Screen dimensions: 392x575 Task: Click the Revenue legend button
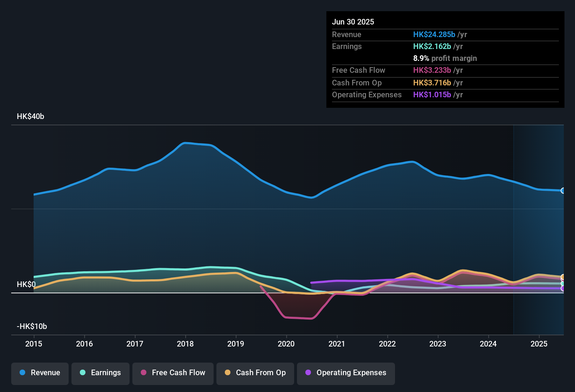click(x=40, y=373)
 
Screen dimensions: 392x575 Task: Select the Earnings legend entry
click(x=101, y=373)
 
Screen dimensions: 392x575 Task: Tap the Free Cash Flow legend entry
click(x=173, y=373)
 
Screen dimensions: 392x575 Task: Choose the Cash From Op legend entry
click(x=255, y=373)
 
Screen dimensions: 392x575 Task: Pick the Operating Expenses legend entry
click(x=346, y=373)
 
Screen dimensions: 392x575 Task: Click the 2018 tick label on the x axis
click(x=185, y=344)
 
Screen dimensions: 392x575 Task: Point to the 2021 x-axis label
click(x=337, y=344)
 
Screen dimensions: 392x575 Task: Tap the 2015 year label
click(x=34, y=344)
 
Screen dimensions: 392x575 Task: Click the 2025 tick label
click(x=539, y=344)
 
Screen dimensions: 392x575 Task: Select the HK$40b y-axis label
click(x=30, y=117)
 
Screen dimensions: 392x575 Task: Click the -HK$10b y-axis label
click(x=32, y=327)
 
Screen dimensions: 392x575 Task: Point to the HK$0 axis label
click(x=26, y=285)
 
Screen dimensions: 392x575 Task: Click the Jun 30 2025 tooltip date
click(x=353, y=22)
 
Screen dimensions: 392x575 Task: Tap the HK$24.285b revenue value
click(x=434, y=34)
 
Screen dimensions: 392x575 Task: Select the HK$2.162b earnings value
click(x=432, y=47)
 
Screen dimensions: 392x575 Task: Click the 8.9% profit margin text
click(x=445, y=58)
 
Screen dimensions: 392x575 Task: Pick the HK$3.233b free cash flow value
click(x=432, y=70)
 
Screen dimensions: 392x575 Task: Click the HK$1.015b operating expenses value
click(x=432, y=95)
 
